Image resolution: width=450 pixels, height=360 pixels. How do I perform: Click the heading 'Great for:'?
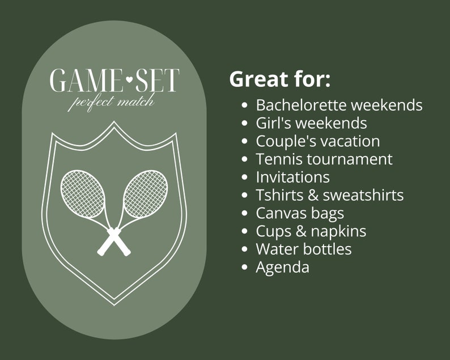(279, 79)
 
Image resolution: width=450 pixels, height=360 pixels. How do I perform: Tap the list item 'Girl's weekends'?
(311, 123)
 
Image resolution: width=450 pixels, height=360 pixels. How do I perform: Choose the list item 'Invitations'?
(292, 177)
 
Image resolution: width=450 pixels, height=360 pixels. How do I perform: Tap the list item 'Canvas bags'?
(300, 213)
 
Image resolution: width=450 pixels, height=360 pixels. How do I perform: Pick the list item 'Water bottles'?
(303, 249)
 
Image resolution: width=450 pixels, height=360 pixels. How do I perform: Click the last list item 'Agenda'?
(282, 268)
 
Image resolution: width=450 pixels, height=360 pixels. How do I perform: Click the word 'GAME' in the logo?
(87, 81)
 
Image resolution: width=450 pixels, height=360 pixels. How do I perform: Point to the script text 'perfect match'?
(111, 102)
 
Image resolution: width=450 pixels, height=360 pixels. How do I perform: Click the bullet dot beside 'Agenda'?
(244, 267)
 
